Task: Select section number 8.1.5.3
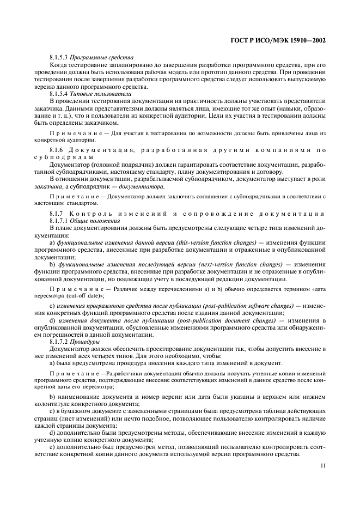coord(59,57)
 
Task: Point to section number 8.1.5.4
coord(59,94)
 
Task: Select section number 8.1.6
coord(57,149)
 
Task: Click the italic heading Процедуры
coord(88,342)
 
